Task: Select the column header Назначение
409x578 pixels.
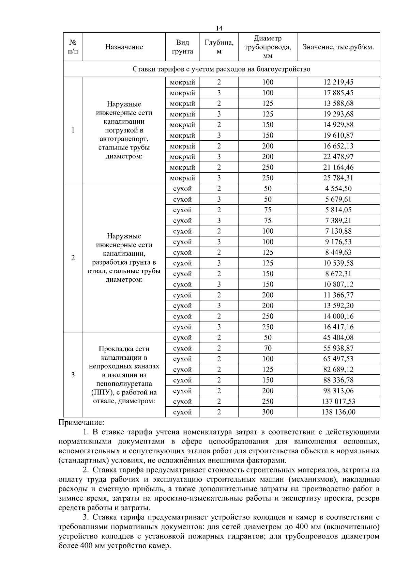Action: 124,47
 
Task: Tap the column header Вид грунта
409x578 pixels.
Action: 182,47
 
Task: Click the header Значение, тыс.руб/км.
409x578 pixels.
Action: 338,47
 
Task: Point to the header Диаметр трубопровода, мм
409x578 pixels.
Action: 268,47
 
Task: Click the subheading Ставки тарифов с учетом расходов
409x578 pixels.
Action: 221,69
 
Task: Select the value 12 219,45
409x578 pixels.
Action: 338,82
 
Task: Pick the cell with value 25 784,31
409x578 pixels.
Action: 338,178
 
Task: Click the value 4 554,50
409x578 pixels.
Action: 338,189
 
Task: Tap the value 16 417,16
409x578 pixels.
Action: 338,327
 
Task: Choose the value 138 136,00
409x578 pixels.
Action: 338,412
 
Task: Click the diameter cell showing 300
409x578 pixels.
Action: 268,412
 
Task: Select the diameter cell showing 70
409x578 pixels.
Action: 268,348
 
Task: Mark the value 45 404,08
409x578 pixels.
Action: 338,338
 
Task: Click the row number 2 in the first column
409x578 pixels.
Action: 73,258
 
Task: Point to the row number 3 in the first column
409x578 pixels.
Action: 73,375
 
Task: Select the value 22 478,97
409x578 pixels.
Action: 338,157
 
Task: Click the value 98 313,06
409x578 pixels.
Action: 338,391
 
